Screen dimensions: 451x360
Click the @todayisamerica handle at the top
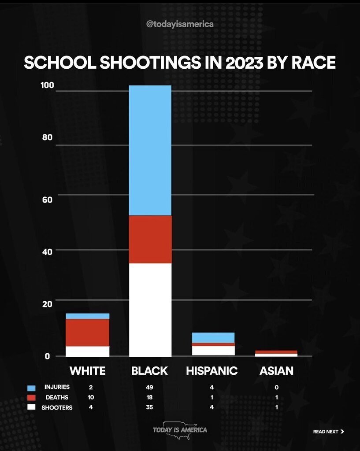coord(180,24)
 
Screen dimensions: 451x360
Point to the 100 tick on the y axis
coord(47,85)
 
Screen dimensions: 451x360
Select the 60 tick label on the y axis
coord(48,200)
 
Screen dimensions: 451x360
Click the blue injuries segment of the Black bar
coord(150,150)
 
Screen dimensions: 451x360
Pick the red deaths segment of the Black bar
coord(150,239)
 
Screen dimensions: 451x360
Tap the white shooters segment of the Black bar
coord(150,309)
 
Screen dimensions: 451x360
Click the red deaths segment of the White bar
coord(88,332)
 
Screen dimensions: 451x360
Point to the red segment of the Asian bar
coord(276,352)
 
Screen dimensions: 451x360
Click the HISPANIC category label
coord(212,371)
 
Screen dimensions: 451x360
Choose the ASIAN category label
coord(276,371)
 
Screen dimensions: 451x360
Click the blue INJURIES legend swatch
coord(31,388)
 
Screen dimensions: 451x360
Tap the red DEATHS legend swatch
coord(31,398)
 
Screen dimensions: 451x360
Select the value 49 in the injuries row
coord(149,388)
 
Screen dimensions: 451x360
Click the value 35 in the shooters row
coord(149,407)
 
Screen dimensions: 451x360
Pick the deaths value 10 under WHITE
coord(91,397)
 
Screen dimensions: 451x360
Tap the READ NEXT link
coord(328,432)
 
